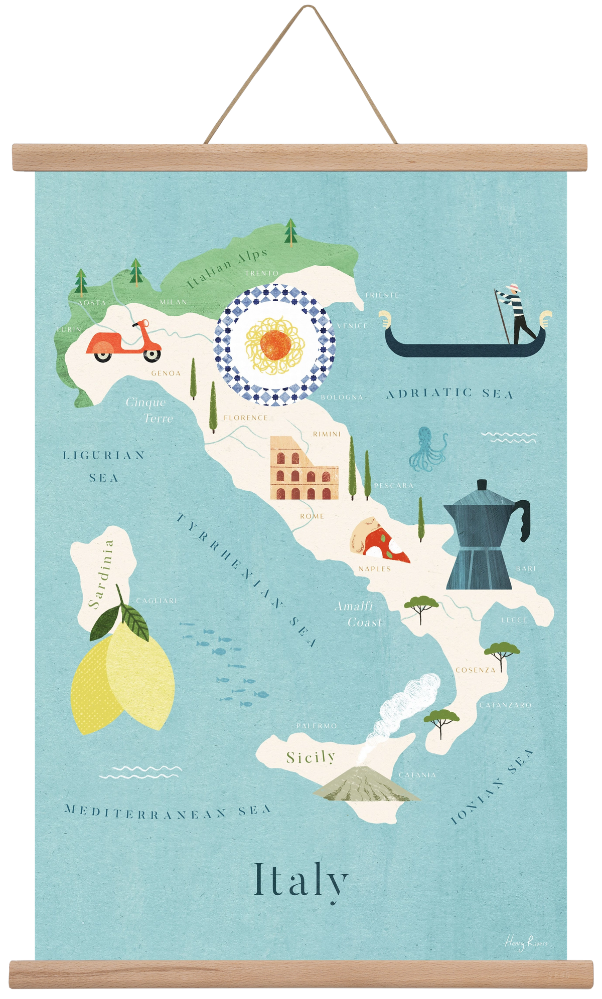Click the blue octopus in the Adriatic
coord(427,449)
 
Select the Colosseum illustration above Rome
coord(304,468)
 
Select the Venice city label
coord(352,326)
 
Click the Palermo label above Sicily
coord(317,726)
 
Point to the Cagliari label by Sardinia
coord(157,601)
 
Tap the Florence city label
coord(246,418)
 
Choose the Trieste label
coord(382,295)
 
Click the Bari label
coord(526,568)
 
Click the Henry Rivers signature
coord(525,943)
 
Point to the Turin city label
coord(69,329)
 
